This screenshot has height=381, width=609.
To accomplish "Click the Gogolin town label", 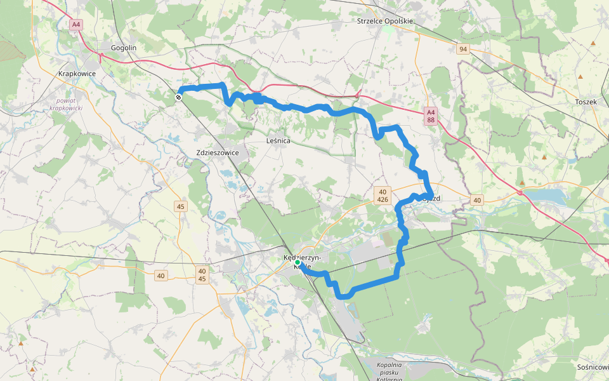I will click(124, 48).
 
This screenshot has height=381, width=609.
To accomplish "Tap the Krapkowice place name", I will click(76, 74).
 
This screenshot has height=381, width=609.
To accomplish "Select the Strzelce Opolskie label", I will click(385, 21).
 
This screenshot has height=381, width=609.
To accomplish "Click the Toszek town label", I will click(585, 102).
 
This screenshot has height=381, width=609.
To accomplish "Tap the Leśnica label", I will click(278, 140).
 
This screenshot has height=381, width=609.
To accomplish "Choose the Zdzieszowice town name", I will click(218, 152).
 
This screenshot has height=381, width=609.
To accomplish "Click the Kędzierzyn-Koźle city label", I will click(303, 262).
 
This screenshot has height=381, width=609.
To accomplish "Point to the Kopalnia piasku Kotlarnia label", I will click(390, 372).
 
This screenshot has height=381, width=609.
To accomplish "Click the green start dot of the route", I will click(297, 262).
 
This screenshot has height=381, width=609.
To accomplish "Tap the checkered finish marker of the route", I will click(180, 97).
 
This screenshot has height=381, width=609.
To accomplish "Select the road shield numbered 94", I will click(463, 49).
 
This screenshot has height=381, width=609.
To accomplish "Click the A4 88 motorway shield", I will click(431, 116).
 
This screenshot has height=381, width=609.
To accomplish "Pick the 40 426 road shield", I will click(382, 195).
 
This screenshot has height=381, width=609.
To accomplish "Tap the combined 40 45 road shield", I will click(202, 275).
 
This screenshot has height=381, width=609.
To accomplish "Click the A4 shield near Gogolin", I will click(76, 25).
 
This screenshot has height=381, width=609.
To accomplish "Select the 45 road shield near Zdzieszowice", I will click(181, 206).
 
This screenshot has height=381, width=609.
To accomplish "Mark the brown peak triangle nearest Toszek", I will click(580, 77).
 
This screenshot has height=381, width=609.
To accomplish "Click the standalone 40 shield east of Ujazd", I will click(478, 200).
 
